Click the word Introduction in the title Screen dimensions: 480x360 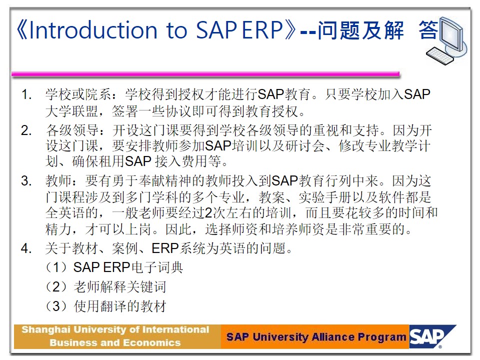tap(93, 30)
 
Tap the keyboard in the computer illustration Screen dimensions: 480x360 tap(440, 55)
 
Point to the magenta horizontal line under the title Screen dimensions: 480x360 tap(205, 73)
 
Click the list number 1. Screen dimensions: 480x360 tap(26, 94)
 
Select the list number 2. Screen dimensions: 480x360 tap(26, 130)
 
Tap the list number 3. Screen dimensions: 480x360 tap(26, 180)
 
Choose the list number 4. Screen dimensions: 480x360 tap(26, 248)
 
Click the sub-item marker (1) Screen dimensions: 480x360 tap(56, 267)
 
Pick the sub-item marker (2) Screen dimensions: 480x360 tap(56, 287)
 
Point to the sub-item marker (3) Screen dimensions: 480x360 tap(56, 306)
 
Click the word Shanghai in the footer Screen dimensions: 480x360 tap(46, 330)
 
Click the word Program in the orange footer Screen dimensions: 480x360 tap(382, 337)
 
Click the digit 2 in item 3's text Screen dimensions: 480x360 tap(208, 213)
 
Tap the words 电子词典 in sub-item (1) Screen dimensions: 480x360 tap(157, 267)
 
